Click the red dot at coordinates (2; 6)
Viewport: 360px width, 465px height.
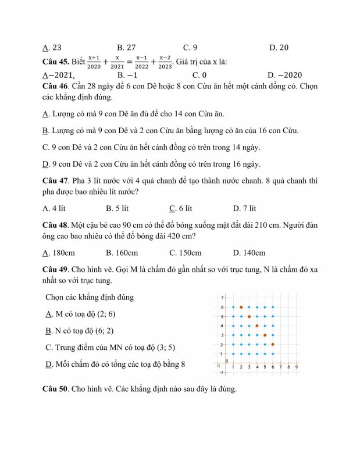pyautogui.click(x=241, y=307)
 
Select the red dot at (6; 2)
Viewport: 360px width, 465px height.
pyautogui.click(x=273, y=345)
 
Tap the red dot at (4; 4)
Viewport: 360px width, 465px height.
pyautogui.click(x=257, y=326)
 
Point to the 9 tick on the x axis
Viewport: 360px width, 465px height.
pyautogui.click(x=296, y=367)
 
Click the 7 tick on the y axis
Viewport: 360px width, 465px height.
pyautogui.click(x=222, y=298)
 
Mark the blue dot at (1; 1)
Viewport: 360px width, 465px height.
pyautogui.click(x=233, y=354)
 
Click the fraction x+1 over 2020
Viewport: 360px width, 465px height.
pyautogui.click(x=93, y=62)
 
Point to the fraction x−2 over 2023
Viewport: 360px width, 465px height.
pyautogui.click(x=165, y=62)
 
